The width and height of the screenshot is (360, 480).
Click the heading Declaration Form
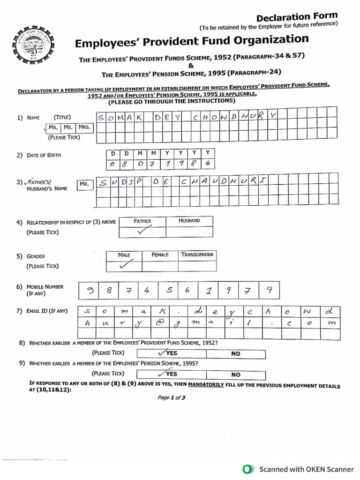tap(297, 17)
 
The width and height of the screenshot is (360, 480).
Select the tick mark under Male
tap(124, 265)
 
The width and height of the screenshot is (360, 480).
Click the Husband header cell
tap(189, 220)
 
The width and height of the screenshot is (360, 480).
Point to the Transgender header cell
tap(197, 255)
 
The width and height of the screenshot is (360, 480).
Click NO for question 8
tap(236, 354)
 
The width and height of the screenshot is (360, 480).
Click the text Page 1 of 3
tap(172, 397)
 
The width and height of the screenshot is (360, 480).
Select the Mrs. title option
tap(84, 127)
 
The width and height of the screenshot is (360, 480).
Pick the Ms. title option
tap(68, 127)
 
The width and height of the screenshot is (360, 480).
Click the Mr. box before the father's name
tap(84, 184)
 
